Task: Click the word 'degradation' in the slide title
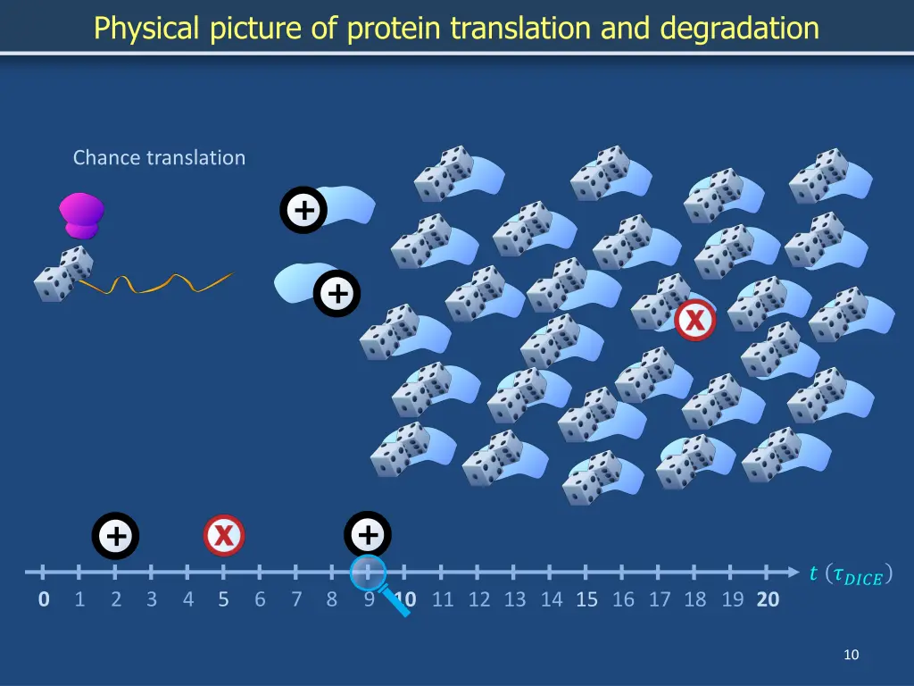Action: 740,29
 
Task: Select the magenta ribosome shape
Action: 81,215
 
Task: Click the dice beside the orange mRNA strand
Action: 63,274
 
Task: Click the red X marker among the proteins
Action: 694,320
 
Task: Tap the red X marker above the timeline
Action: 224,536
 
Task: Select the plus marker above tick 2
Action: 115,536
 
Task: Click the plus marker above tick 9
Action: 367,535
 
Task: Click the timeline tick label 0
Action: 44,599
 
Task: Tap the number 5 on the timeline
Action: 223,599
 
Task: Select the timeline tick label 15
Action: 586,599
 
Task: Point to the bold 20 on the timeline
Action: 768,599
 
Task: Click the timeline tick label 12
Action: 479,599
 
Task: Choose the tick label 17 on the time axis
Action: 659,599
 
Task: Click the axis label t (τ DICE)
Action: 851,575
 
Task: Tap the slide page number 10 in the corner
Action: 851,656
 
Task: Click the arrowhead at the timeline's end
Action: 793,572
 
